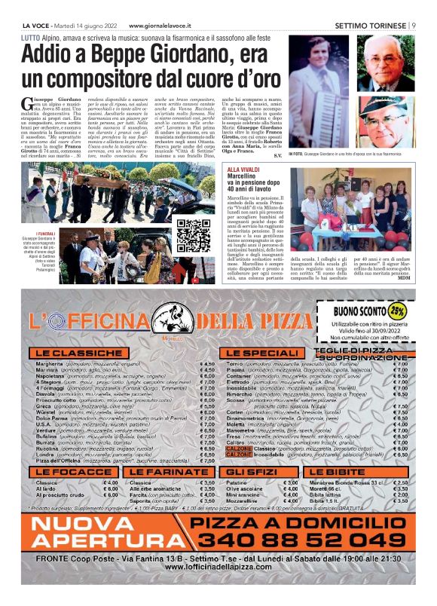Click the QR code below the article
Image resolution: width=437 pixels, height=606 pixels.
(x=193, y=235)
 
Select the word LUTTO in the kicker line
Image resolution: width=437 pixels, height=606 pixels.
(x=31, y=37)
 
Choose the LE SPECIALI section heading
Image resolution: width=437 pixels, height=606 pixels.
(x=261, y=353)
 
